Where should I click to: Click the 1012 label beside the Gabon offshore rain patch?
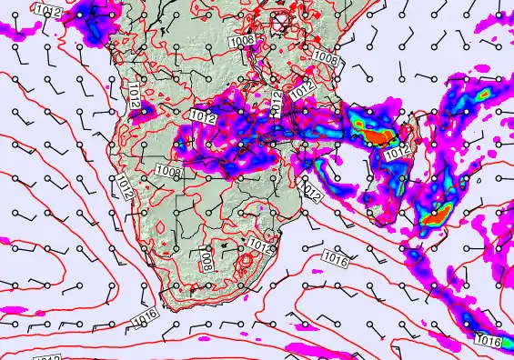point(51,11)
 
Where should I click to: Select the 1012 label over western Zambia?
point(203,115)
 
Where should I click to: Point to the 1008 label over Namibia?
point(168,172)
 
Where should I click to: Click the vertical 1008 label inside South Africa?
point(207,261)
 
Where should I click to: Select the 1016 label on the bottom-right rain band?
point(489,341)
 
